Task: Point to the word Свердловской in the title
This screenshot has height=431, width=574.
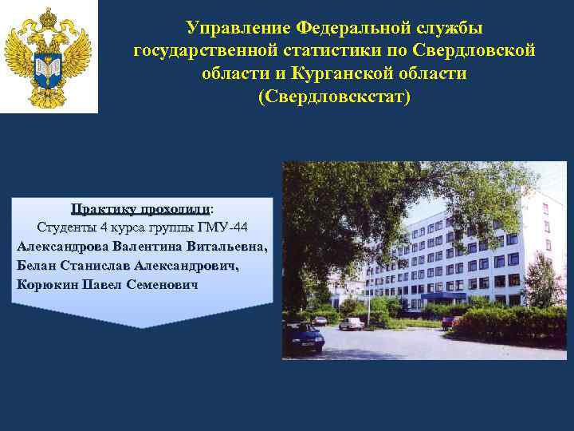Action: tap(475, 51)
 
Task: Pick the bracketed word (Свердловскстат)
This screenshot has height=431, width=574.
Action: tap(334, 97)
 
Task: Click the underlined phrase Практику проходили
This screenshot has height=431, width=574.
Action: tap(140, 209)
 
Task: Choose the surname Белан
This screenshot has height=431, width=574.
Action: tap(36, 265)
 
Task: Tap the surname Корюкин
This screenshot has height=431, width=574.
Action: tap(46, 285)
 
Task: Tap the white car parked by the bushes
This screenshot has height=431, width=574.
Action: tap(351, 323)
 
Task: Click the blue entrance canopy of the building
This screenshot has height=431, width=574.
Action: tap(443, 295)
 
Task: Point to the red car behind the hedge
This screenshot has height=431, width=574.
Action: tap(449, 322)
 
